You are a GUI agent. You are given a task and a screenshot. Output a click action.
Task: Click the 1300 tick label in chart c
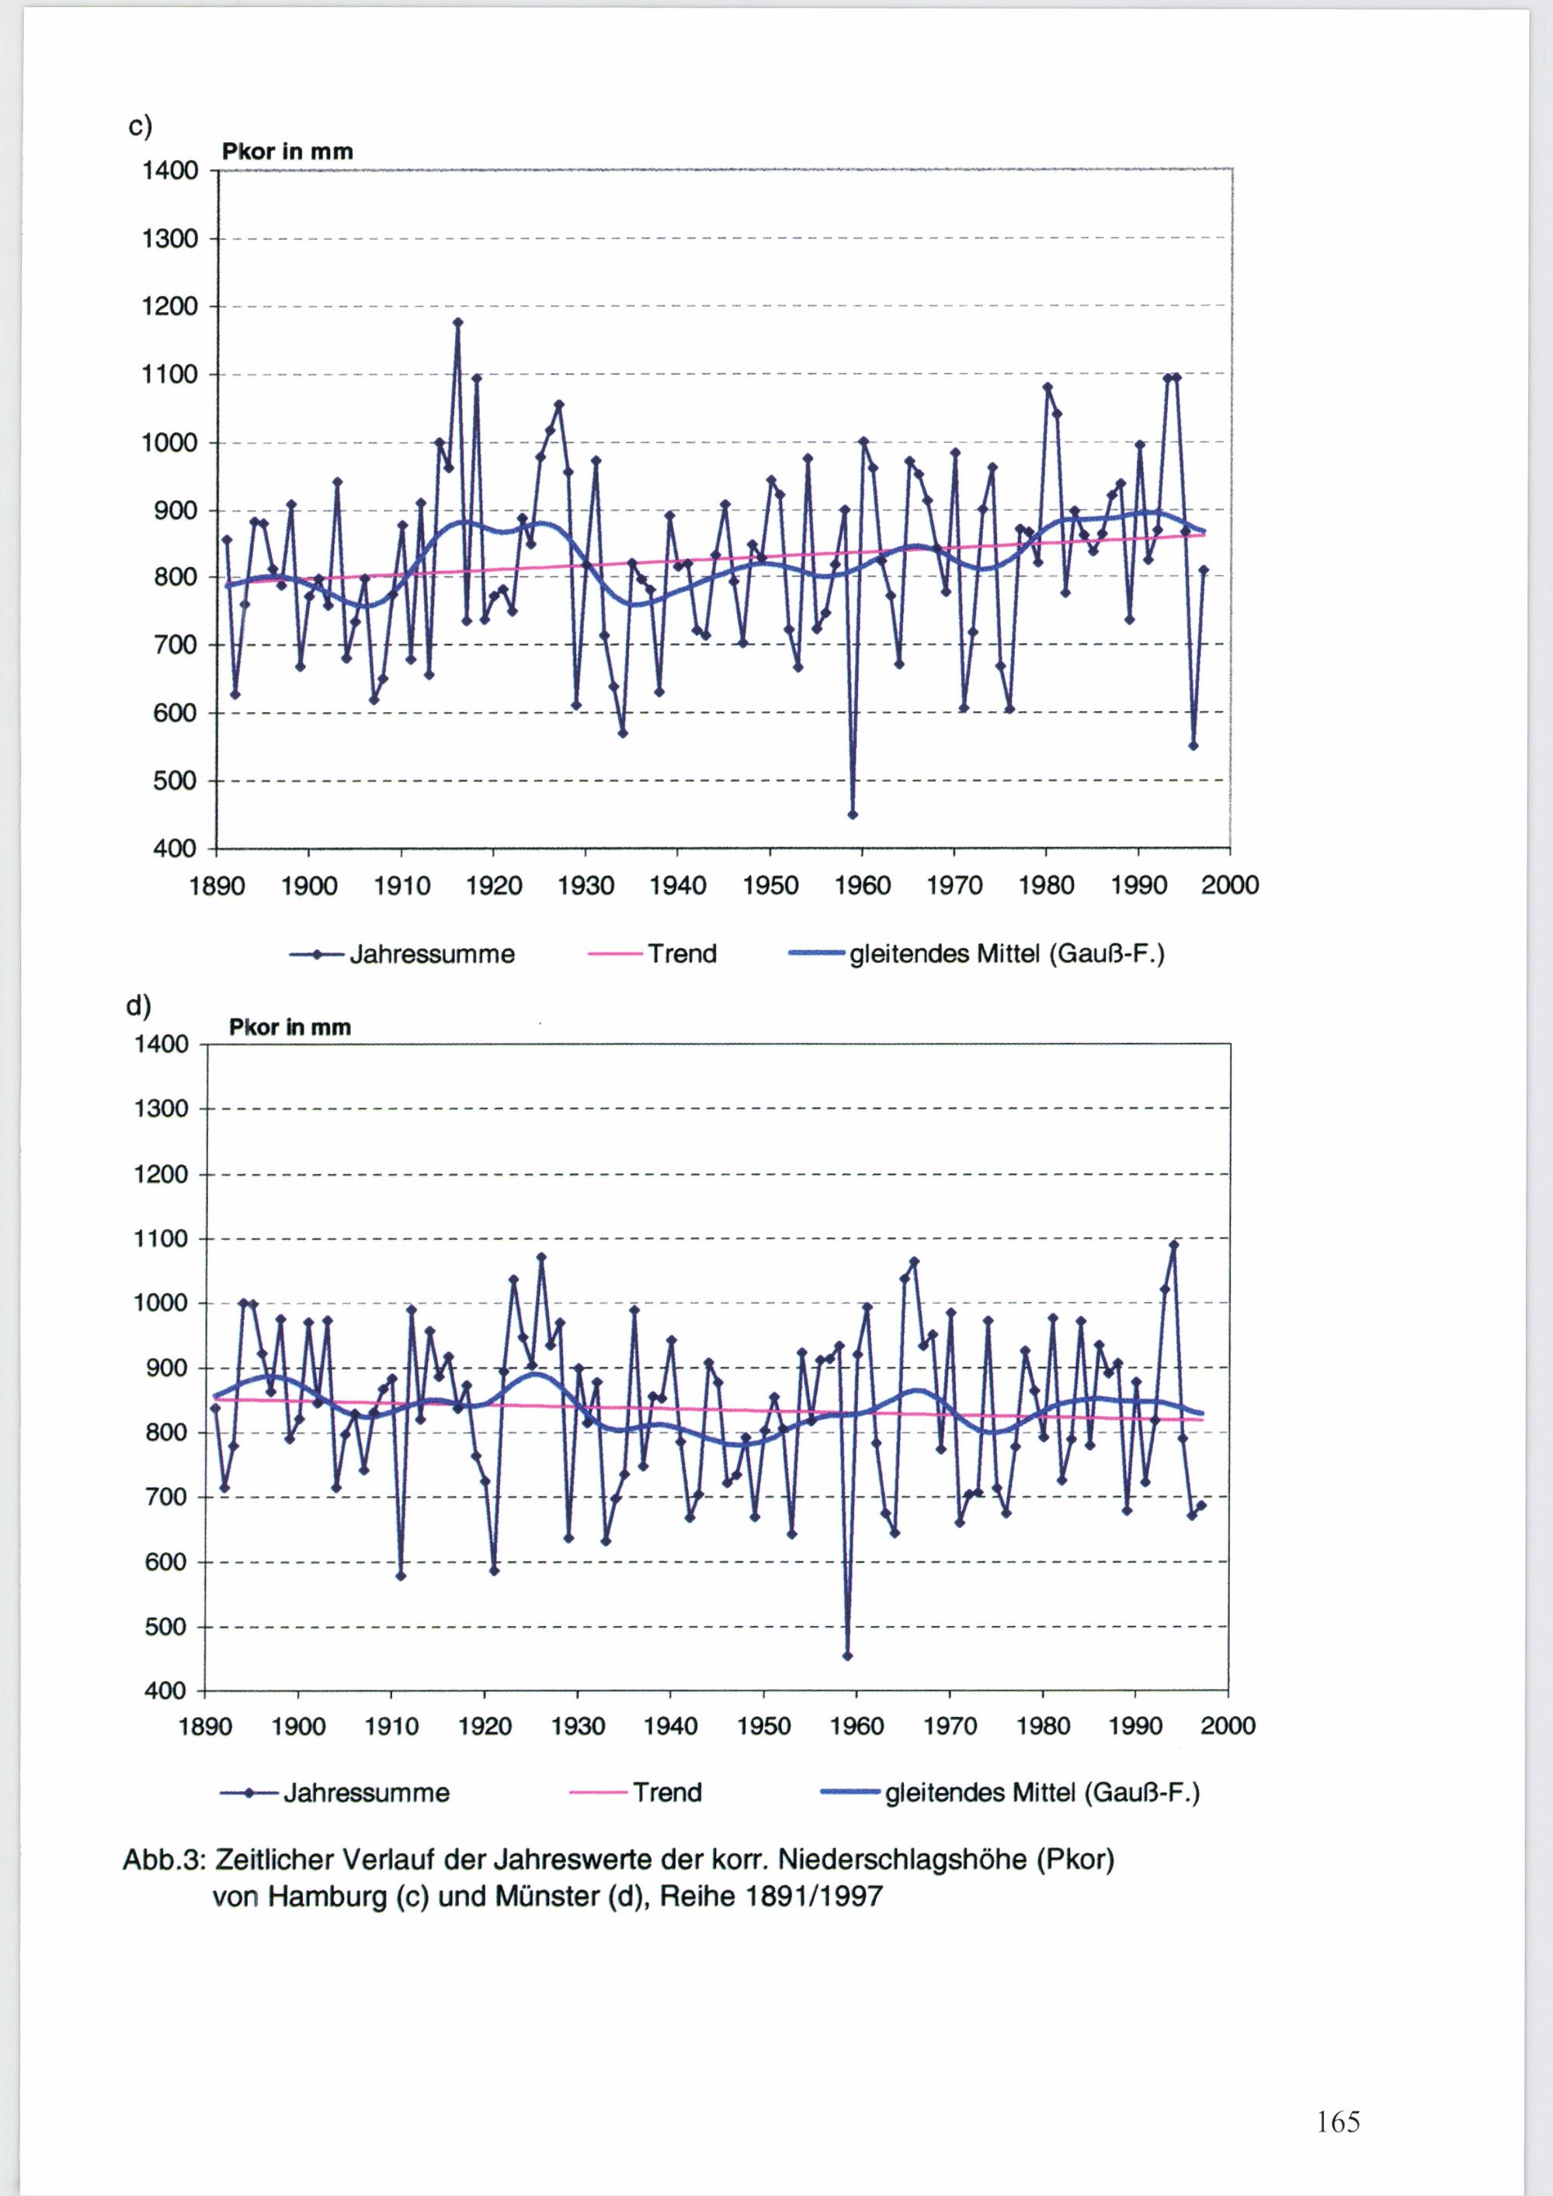[x=169, y=238]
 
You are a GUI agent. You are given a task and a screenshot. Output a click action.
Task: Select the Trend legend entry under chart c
[x=653, y=954]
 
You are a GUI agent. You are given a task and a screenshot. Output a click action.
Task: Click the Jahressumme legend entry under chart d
[x=335, y=1792]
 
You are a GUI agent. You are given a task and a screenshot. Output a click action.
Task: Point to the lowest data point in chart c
[x=852, y=815]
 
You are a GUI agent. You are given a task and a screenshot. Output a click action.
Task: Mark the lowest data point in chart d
[x=847, y=1656]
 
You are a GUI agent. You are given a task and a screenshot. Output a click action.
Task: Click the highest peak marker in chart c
[x=458, y=322]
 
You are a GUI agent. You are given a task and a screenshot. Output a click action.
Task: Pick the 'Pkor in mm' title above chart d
[x=290, y=1027]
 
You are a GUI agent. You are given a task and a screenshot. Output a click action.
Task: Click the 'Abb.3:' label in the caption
[x=165, y=1861]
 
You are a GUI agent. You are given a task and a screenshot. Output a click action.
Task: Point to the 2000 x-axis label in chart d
[x=1228, y=1726]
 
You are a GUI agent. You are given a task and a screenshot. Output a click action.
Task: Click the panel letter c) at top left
[x=140, y=127]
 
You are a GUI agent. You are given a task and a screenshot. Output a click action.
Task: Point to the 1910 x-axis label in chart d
[x=392, y=1726]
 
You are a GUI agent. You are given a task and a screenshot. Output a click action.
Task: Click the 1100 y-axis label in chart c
[x=169, y=374]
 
